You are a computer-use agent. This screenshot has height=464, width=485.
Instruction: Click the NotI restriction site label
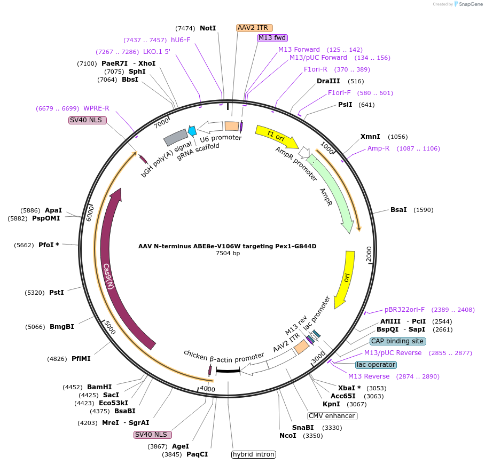point(208,28)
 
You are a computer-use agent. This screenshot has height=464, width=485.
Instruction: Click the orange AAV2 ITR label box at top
point(254,27)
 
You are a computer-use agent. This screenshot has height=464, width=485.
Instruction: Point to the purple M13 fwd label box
point(272,37)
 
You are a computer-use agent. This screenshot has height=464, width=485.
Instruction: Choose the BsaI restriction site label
point(398,210)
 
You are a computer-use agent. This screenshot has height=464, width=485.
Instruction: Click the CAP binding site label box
point(397,341)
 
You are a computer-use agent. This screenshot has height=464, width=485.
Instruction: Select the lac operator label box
point(376,365)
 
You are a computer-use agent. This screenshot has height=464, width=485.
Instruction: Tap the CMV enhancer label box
point(332,416)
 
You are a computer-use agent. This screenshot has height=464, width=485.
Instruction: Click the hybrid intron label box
point(254,454)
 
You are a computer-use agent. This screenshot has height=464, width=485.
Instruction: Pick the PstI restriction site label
point(57,293)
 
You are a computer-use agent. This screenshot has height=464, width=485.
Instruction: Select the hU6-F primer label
point(181,40)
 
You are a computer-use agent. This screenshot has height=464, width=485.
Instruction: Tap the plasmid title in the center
point(228,246)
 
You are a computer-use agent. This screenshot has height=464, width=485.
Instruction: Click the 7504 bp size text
point(228,253)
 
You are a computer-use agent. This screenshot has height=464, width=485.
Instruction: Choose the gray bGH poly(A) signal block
point(175,137)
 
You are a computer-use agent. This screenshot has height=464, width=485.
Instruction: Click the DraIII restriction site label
point(328,81)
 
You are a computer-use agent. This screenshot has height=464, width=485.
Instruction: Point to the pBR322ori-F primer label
point(404,310)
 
